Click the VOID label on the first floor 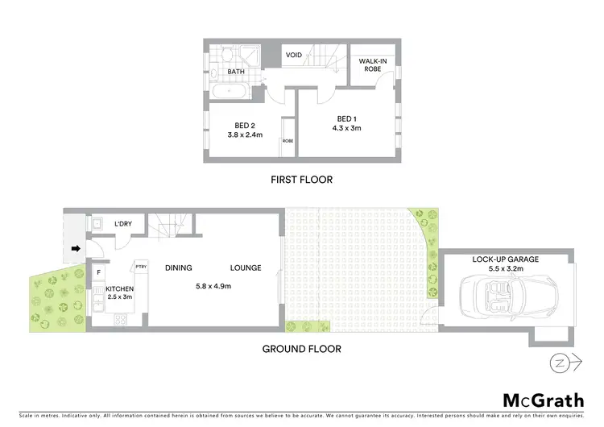pyautogui.click(x=293, y=56)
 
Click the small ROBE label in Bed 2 pyautogui.click(x=288, y=141)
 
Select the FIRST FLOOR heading pyautogui.click(x=301, y=180)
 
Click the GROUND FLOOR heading pyautogui.click(x=301, y=350)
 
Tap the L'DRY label pyautogui.click(x=123, y=224)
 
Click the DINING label pyautogui.click(x=179, y=268)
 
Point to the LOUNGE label pyautogui.click(x=245, y=268)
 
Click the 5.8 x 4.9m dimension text pyautogui.click(x=213, y=286)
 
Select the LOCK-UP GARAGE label pyautogui.click(x=506, y=259)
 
